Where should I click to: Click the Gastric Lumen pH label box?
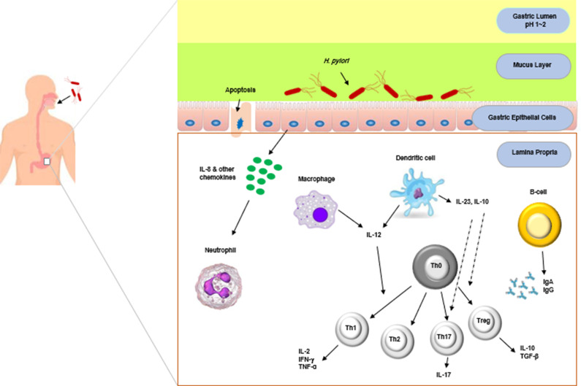533,20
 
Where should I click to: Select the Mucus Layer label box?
533,66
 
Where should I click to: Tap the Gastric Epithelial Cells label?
522,117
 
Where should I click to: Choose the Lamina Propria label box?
533,153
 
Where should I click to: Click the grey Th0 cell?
436,266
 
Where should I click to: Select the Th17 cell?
447,339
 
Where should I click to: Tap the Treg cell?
485,323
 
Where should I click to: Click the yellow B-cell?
539,225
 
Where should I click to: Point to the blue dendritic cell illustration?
417,192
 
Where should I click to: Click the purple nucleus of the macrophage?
320,215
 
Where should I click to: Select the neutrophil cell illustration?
219,285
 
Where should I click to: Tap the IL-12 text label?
373,235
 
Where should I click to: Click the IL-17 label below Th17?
443,374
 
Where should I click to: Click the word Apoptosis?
240,90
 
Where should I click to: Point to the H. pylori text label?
336,61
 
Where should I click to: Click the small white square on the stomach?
47,161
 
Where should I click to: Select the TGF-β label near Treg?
529,356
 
